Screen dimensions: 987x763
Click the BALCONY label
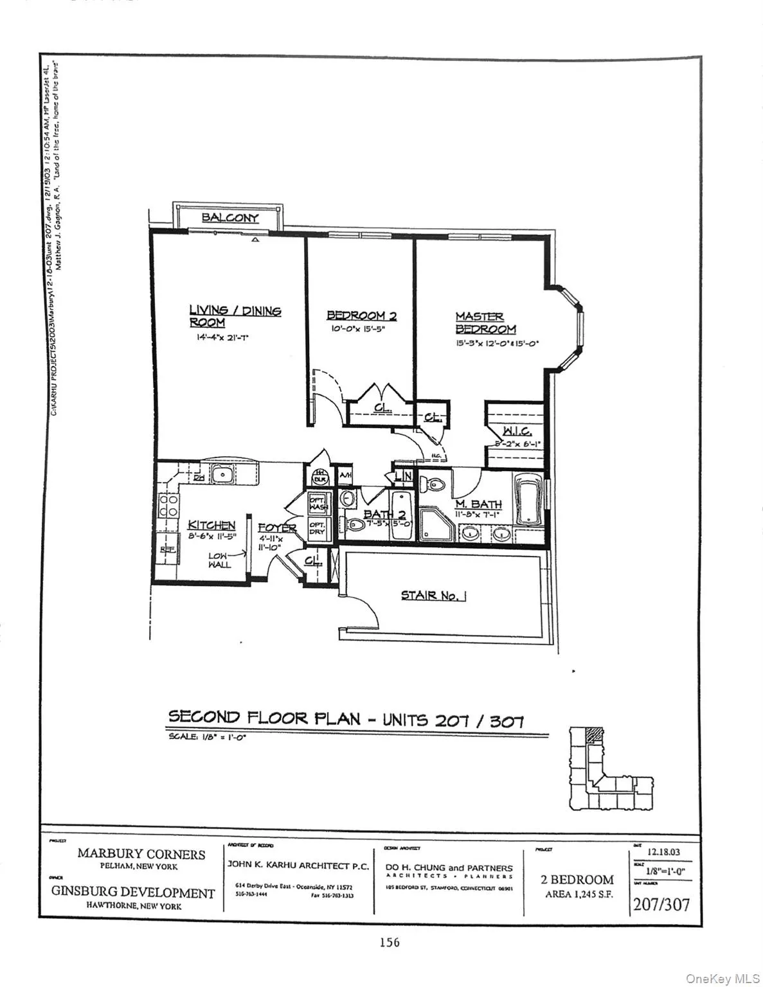(x=229, y=217)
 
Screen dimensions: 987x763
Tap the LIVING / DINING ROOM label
(x=235, y=316)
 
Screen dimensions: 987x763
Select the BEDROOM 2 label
(x=361, y=316)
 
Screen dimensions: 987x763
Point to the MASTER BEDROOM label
(x=485, y=323)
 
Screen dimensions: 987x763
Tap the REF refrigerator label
(x=168, y=550)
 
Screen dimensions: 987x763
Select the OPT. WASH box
(x=318, y=504)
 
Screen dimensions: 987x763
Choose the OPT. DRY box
(x=318, y=528)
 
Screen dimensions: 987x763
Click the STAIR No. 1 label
(x=433, y=595)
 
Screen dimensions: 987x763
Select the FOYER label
(x=277, y=528)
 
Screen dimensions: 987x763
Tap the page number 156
(x=390, y=942)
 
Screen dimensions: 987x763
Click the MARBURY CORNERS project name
(x=141, y=854)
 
